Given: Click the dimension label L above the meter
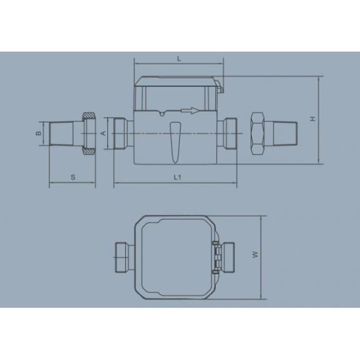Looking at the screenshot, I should point(179,57).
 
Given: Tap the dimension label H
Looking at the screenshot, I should point(313,119).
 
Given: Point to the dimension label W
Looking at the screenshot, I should point(255,256).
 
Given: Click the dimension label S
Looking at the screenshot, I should point(73,176).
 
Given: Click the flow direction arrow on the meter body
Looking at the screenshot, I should point(188,110).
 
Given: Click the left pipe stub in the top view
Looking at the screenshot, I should point(123,257).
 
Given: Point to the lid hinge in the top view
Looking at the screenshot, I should point(215,256).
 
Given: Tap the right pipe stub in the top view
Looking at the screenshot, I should point(229,256).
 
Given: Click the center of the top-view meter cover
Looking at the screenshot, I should point(175,256).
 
